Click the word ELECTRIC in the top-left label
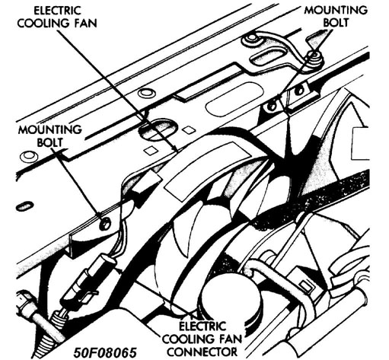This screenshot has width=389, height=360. pyautogui.click(x=58, y=11)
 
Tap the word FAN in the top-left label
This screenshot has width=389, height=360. pyautogui.click(x=85, y=23)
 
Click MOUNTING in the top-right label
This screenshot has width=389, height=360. pyautogui.click(x=336, y=10)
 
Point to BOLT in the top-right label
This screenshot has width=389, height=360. pyautogui.click(x=336, y=22)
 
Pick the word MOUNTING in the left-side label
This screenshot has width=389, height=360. pyautogui.click(x=50, y=129)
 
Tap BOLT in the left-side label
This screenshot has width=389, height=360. pyautogui.click(x=49, y=142)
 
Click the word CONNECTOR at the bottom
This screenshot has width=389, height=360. pyautogui.click(x=202, y=352)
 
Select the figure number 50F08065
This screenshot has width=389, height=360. pyautogui.click(x=105, y=352)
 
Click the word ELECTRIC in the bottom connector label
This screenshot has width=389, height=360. pyautogui.click(x=202, y=327)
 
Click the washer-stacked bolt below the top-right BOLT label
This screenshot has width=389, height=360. pyautogui.click(x=314, y=59)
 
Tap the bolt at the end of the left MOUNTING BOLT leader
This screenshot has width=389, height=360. pyautogui.click(x=104, y=224)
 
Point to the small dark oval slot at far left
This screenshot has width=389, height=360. pyautogui.click(x=24, y=206)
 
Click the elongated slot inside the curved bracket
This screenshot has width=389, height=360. pyautogui.click(x=267, y=56)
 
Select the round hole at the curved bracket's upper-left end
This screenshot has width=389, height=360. pyautogui.click(x=251, y=38)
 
